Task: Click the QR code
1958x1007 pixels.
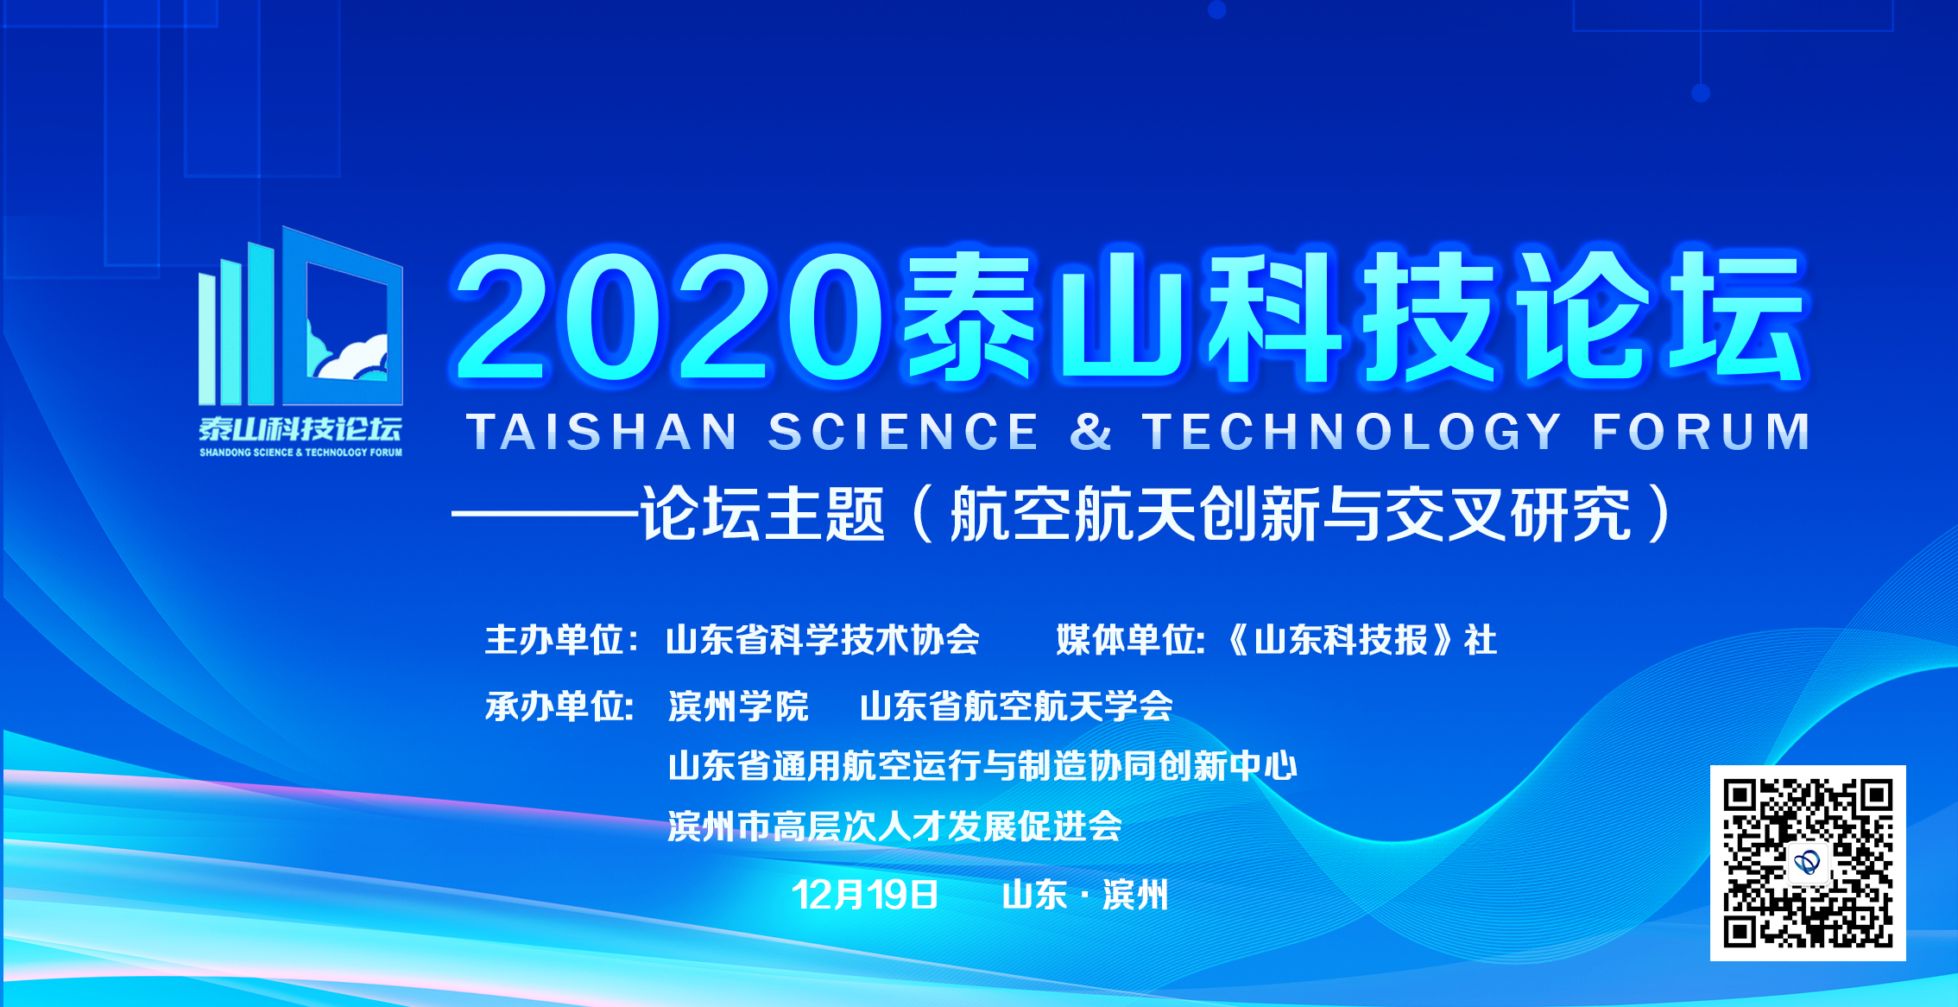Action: [1808, 863]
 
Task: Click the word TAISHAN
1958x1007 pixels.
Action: [603, 432]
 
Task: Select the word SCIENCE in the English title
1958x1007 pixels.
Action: [904, 432]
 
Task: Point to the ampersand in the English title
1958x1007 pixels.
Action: [1091, 432]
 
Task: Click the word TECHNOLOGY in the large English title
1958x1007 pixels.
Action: [1353, 432]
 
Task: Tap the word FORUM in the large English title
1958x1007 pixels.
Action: [1702, 432]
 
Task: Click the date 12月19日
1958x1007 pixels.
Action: [865, 895]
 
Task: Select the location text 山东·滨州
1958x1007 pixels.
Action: [1085, 895]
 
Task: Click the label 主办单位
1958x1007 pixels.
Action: [554, 640]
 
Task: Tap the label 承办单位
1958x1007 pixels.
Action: [554, 706]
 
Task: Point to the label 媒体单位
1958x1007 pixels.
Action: [1126, 640]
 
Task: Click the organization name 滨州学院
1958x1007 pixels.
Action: [739, 706]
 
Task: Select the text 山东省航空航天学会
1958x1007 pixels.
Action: [1016, 706]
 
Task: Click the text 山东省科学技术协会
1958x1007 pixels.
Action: [823, 640]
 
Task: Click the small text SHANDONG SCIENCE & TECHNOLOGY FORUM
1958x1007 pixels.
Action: [300, 452]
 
